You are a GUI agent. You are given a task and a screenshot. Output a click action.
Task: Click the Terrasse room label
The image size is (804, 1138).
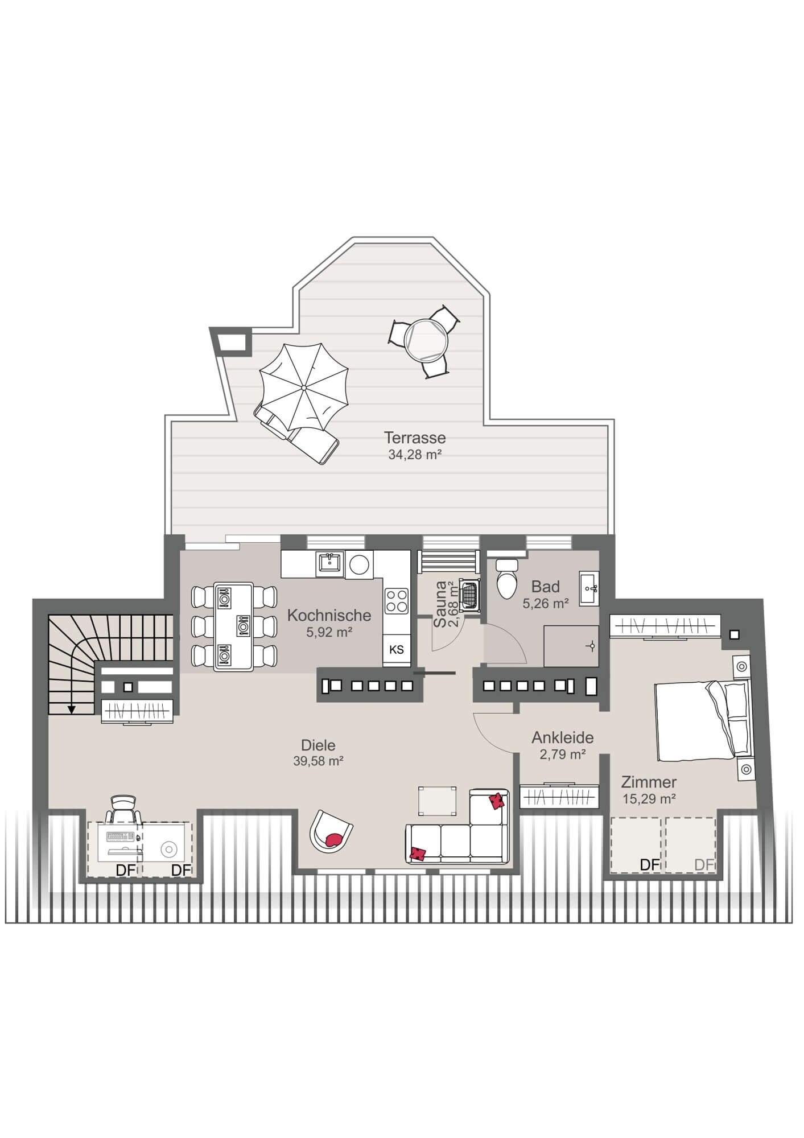414,438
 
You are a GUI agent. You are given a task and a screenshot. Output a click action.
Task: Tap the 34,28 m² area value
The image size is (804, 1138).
415,455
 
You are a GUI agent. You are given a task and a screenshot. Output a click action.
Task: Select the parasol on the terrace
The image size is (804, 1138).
304,387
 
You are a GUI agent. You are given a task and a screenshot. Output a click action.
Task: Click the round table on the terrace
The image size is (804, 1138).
426,340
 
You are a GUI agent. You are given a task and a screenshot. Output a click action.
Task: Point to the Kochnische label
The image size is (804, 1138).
329,615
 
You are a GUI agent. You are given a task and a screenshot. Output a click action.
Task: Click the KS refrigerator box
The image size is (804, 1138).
397,649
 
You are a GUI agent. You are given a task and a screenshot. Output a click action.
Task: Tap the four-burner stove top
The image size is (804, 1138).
397,600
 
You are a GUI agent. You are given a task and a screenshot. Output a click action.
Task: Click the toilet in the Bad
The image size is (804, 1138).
506,577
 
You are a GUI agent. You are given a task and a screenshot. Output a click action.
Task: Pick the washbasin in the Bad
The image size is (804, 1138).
589,587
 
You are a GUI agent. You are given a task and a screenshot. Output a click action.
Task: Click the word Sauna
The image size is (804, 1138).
440,604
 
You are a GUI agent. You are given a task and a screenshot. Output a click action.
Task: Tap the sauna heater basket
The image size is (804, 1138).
470,596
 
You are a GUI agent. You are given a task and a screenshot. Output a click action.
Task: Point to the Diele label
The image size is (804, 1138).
318,745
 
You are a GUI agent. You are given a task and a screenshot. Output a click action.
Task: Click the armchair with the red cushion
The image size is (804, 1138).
331,830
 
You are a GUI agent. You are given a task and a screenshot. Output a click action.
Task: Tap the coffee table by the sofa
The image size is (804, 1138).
438,802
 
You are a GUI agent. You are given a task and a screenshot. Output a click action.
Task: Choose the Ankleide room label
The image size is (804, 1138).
563,737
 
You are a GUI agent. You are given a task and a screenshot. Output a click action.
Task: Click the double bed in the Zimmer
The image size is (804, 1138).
703,720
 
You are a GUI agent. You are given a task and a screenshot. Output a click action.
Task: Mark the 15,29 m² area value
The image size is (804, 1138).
649,799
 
